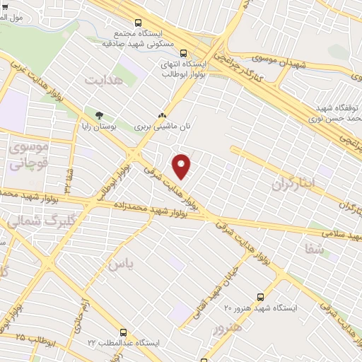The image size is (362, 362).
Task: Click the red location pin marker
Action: coord(182,165)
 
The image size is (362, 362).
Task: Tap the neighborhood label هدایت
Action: coord(104,79)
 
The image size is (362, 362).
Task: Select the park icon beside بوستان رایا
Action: coord(99,115)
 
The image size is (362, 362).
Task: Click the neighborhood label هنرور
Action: coord(227,329)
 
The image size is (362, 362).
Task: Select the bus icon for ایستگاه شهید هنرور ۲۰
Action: coord(260,297)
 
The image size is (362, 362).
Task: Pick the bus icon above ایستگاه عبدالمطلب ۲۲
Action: coord(124,332)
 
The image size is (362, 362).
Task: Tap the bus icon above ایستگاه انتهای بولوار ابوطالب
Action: coord(184,52)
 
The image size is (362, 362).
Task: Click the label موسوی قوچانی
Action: coord(28,156)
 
